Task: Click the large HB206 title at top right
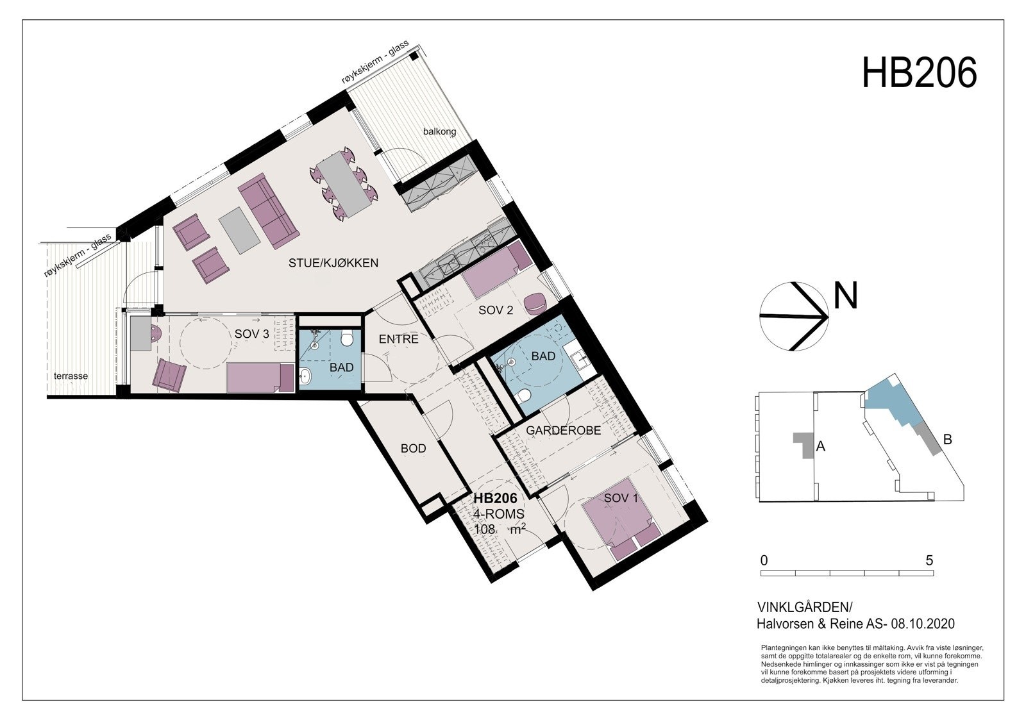[x=919, y=72]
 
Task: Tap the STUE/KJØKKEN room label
[x=333, y=263]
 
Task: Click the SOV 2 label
[x=496, y=311]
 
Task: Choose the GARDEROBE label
[x=563, y=431]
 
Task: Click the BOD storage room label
[x=413, y=449]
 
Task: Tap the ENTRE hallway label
[x=398, y=339]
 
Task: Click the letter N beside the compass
[x=845, y=297]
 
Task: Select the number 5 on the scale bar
[x=929, y=560]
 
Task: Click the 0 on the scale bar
[x=764, y=560]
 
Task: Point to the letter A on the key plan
[x=820, y=447]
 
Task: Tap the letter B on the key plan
[x=948, y=440]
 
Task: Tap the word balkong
[x=439, y=132]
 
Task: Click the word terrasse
[x=71, y=376]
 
